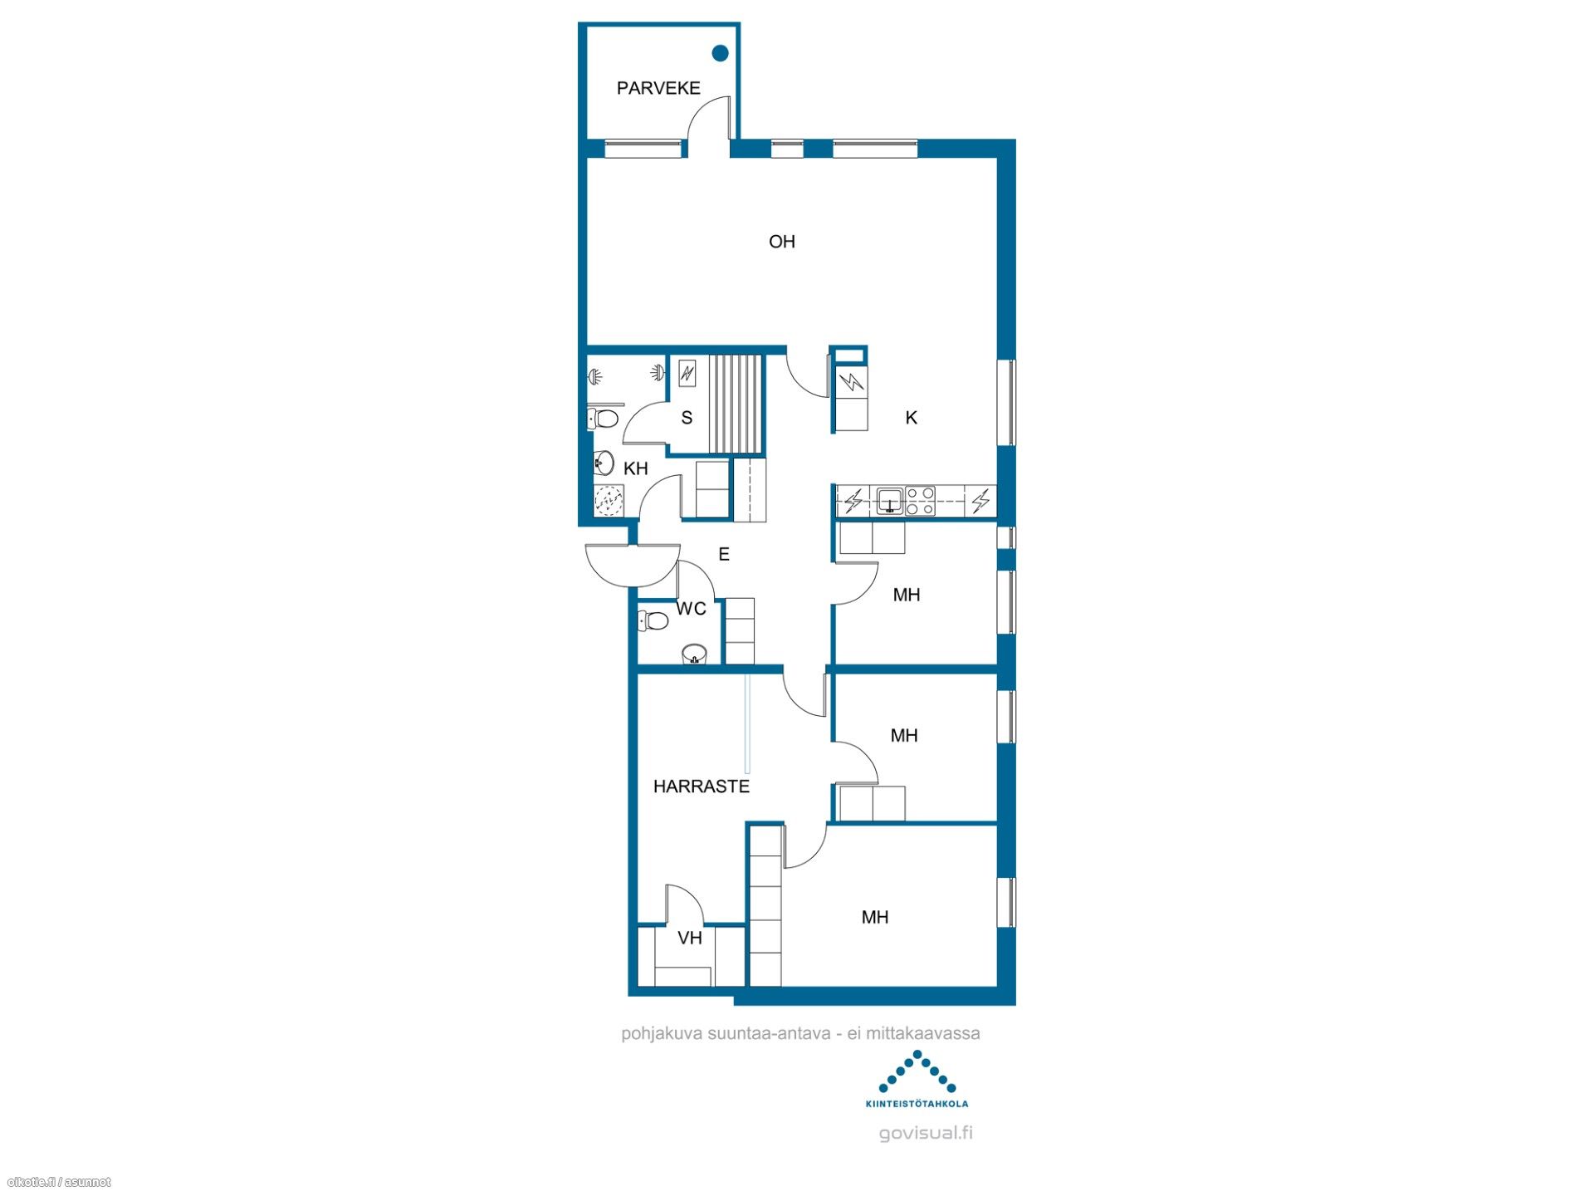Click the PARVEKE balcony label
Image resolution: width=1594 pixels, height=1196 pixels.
point(658,88)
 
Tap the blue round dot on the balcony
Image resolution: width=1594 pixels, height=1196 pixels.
point(721,53)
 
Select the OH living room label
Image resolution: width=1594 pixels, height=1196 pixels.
point(782,242)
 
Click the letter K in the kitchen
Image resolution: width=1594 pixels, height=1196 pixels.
point(912,418)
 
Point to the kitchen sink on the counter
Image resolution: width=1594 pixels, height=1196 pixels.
point(890,501)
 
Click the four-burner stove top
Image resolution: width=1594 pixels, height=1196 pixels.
point(920,501)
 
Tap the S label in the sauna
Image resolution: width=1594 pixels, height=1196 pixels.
point(687,418)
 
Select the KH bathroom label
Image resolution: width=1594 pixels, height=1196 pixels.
point(636,468)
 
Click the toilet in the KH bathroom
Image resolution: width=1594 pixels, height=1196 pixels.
point(604,417)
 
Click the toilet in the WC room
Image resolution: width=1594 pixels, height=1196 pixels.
point(653,620)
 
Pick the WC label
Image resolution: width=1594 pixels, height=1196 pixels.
point(691,609)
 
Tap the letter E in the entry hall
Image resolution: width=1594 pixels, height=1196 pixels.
point(724,554)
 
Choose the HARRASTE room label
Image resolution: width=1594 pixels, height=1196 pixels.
point(702,787)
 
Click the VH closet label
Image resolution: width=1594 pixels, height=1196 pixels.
point(690,939)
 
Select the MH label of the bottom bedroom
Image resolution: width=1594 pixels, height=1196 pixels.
point(875,917)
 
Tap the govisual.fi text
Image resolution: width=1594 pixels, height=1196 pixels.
point(926,1133)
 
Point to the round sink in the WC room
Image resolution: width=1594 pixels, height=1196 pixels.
point(694,654)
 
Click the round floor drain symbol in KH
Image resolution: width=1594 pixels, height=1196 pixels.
point(610,501)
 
